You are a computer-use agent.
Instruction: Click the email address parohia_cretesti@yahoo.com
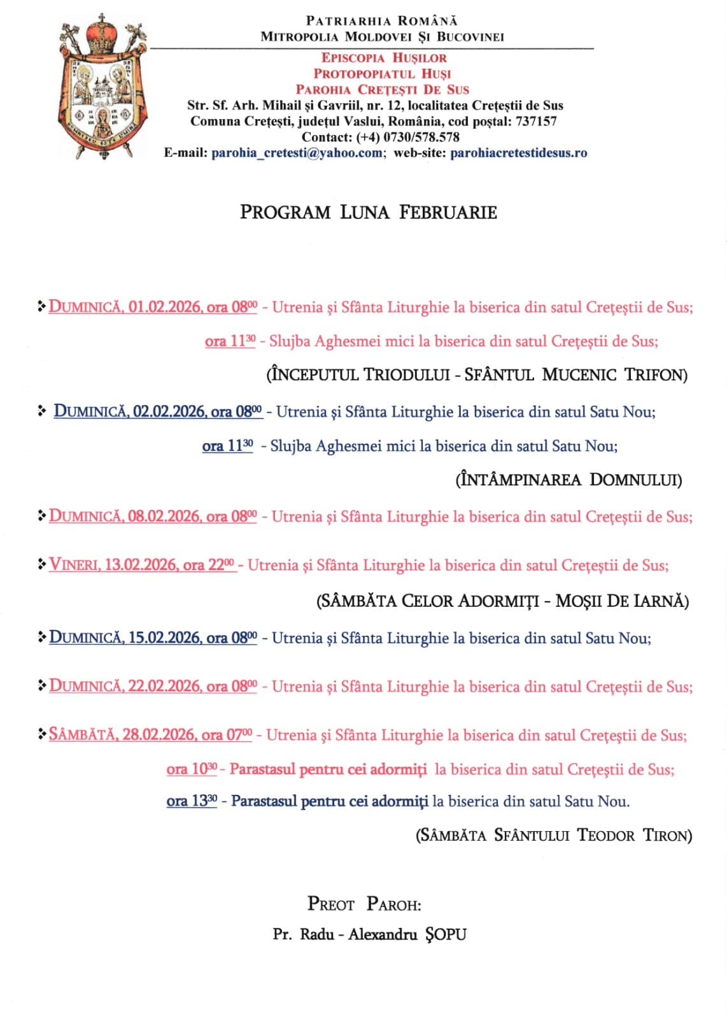click(297, 153)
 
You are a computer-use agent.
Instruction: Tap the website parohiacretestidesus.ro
click(518, 153)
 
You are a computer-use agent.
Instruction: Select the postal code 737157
click(535, 121)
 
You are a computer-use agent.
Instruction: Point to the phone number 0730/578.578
click(421, 137)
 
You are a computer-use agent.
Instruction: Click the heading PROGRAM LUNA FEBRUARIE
click(368, 212)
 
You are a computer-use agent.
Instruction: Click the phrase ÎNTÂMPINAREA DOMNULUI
click(568, 480)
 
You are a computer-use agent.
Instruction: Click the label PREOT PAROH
click(363, 904)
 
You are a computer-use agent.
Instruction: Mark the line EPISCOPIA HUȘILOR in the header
click(384, 58)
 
